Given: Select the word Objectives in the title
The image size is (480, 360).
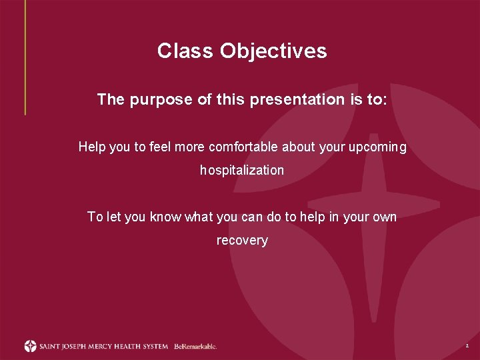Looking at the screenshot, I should click(x=273, y=51).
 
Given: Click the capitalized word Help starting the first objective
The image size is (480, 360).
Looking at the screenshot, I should click(x=91, y=147).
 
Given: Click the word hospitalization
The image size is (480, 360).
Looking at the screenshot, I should click(x=242, y=171).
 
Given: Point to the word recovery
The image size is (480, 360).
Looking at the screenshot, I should click(x=242, y=241).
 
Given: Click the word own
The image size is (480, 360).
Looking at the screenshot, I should click(x=385, y=217).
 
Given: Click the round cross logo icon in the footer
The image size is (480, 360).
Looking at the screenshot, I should click(x=30, y=346).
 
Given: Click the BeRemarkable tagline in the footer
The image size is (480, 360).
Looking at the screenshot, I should click(x=195, y=347).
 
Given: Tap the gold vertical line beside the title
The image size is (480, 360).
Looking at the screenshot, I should click(x=25, y=57).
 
